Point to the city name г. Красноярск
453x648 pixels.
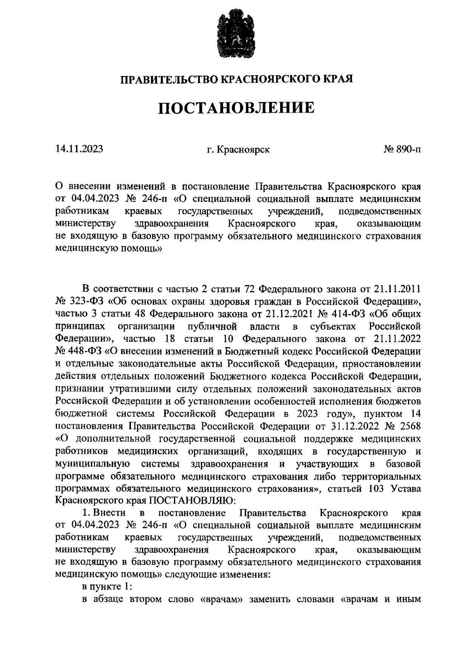pos(238,150)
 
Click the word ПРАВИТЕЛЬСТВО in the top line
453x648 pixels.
pos(169,79)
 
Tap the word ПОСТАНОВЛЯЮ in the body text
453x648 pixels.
pos(192,501)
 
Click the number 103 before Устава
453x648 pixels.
pos(375,488)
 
